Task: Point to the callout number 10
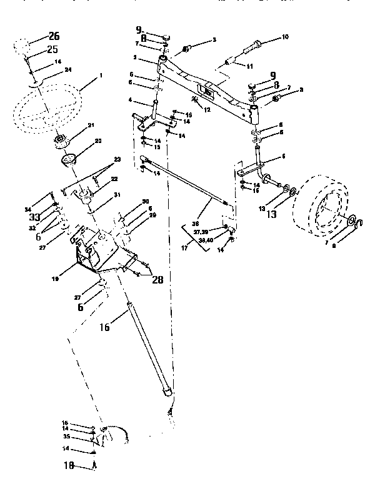pyautogui.click(x=285, y=37)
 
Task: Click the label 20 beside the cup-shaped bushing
pyautogui.click(x=97, y=141)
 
